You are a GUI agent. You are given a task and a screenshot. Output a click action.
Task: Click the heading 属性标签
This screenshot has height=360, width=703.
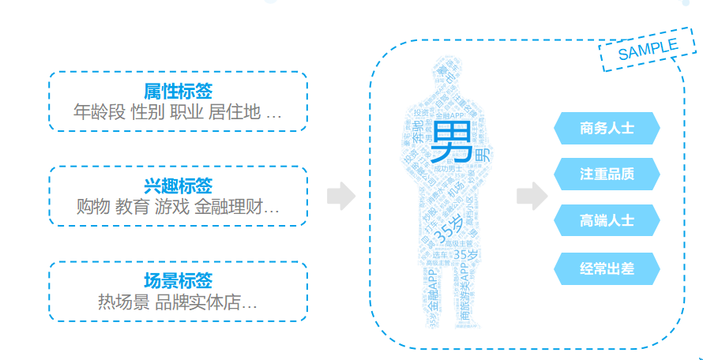click(x=178, y=92)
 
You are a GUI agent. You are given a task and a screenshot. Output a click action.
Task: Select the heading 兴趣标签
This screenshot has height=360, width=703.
click(x=178, y=186)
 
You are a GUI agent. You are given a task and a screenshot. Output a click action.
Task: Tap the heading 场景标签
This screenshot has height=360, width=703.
click(x=178, y=280)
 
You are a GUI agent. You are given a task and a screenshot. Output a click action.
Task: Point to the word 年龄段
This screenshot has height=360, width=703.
click(x=100, y=112)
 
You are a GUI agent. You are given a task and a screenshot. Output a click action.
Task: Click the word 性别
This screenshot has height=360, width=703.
click(x=148, y=112)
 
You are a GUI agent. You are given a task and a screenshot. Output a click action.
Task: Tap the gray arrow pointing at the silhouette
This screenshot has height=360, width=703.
click(x=340, y=197)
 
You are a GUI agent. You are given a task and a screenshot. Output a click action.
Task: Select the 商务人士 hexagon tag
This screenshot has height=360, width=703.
click(x=607, y=128)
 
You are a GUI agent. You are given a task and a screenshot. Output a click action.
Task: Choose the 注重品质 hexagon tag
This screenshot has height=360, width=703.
click(x=607, y=174)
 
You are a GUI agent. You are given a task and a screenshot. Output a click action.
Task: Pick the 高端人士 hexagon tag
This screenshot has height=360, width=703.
click(x=607, y=220)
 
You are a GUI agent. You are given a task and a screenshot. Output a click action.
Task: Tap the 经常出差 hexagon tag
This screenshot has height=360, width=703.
click(x=607, y=269)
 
